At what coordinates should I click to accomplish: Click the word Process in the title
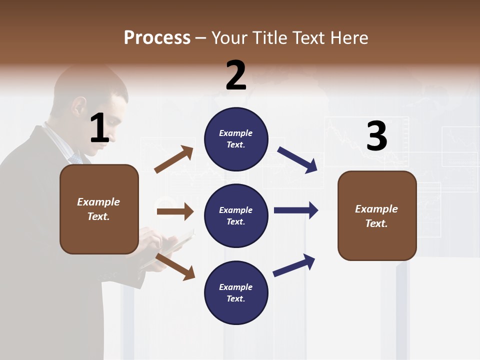(157, 37)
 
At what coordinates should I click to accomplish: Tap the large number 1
(99, 128)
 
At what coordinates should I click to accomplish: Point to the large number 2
(236, 75)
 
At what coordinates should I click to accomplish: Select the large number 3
(376, 136)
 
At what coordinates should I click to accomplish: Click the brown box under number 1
(99, 209)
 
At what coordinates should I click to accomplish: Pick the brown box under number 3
(377, 215)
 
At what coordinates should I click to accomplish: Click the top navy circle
(236, 139)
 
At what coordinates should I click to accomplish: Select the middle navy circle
(236, 215)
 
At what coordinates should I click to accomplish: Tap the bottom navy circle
(236, 292)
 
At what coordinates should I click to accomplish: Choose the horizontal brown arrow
(175, 212)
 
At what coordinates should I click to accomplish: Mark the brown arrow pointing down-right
(175, 266)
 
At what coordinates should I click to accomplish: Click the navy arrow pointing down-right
(297, 160)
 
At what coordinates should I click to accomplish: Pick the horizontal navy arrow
(296, 210)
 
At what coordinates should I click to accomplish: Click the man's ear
(78, 106)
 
